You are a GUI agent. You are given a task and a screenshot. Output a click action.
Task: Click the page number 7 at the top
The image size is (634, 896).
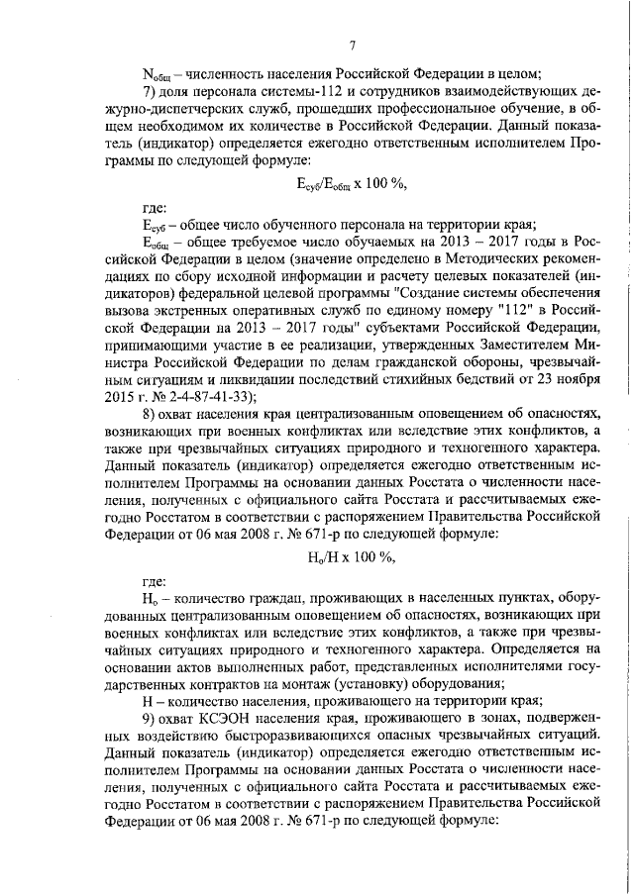click(353, 45)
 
